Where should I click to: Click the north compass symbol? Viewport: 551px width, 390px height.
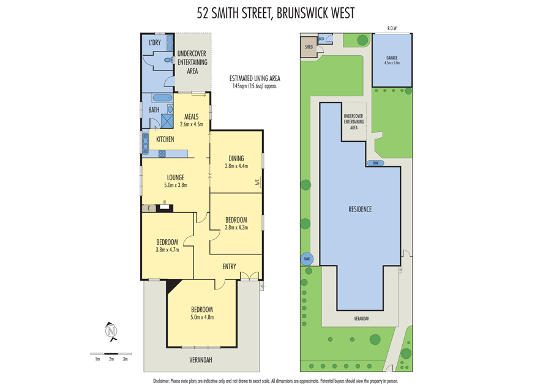coord(111,331)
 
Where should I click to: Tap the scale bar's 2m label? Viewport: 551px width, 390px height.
coord(111,359)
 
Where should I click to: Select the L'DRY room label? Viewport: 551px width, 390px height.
coord(154,42)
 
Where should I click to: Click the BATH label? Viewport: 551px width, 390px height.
coord(154,110)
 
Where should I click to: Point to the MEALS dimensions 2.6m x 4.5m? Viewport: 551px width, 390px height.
coord(192,124)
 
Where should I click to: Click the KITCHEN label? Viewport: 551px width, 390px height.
coord(165,139)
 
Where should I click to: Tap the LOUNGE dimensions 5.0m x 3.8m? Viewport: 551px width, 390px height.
coord(175,185)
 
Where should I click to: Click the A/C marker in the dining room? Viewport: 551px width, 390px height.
coord(258,182)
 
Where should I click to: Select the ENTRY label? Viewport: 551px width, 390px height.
coord(229,266)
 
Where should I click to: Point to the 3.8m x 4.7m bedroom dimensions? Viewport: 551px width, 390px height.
coord(167,250)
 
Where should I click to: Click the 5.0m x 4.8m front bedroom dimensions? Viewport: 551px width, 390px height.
coord(201,317)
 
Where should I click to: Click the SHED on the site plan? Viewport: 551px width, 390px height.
coord(309,46)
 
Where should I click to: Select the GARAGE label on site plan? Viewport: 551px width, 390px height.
coord(392,57)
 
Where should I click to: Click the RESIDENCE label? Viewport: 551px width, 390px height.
coord(360,209)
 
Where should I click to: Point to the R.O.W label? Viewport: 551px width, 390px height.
coord(392,28)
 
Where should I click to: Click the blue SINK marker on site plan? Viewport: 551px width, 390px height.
coord(375,163)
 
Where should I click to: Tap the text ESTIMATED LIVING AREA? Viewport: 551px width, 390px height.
coord(255,78)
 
